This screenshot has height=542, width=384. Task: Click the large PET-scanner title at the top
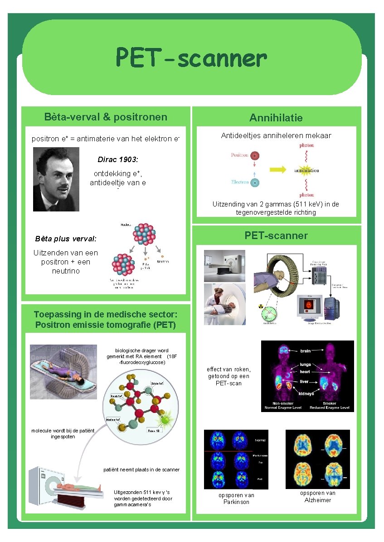(191, 58)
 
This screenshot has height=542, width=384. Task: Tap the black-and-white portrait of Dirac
(56, 179)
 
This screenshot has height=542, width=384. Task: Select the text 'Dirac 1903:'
(118, 160)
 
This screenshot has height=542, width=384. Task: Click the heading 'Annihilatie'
(276, 118)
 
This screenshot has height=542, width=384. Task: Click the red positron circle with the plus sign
(255, 156)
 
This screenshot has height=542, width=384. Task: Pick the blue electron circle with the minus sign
(255, 182)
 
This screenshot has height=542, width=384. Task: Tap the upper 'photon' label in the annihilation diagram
(306, 146)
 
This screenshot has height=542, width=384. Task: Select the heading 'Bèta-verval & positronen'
(106, 117)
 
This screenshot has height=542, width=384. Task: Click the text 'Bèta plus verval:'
(66, 239)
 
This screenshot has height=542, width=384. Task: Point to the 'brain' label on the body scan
(306, 351)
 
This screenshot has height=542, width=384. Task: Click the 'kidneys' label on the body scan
(306, 393)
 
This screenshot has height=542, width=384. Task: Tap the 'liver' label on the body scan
(304, 382)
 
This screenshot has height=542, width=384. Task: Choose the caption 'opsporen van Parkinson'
(236, 499)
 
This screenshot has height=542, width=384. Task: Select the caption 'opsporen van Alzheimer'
(317, 496)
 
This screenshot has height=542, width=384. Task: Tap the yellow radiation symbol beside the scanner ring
(261, 307)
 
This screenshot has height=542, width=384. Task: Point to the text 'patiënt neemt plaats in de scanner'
(141, 470)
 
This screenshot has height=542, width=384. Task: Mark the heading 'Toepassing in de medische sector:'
(105, 315)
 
